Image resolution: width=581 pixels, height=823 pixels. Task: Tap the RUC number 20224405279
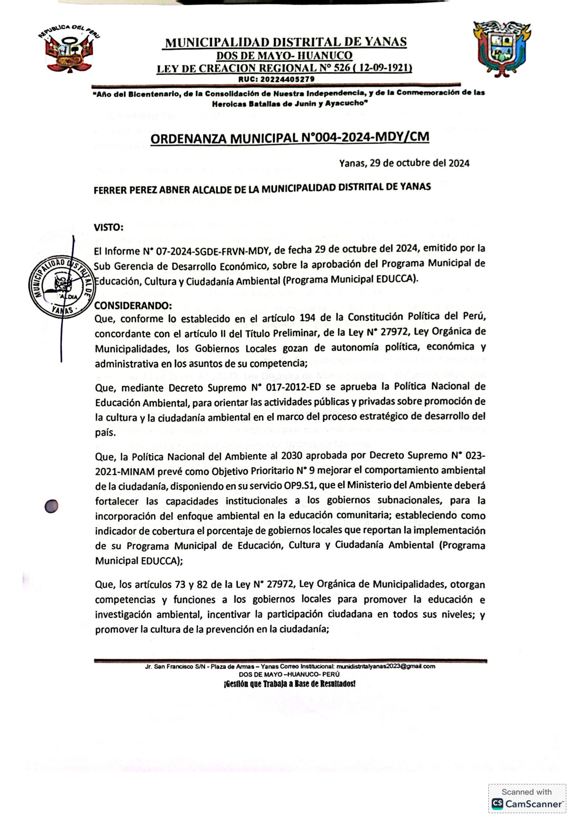click(276, 79)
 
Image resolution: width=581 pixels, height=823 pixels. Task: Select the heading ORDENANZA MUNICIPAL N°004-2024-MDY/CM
click(290, 138)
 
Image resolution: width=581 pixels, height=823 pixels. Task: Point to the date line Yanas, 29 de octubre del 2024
click(404, 163)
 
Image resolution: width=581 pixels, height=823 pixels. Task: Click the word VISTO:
click(108, 227)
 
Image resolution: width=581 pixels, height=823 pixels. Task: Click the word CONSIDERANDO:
click(133, 305)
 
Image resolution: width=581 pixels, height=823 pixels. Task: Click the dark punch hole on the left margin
click(51, 507)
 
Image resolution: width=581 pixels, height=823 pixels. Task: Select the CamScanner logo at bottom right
click(527, 803)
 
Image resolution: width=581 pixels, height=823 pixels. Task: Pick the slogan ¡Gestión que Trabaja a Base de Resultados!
click(290, 683)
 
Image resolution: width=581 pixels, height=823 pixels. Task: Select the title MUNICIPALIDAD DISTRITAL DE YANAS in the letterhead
click(286, 43)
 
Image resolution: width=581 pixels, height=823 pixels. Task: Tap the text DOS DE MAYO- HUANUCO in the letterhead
click(284, 56)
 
